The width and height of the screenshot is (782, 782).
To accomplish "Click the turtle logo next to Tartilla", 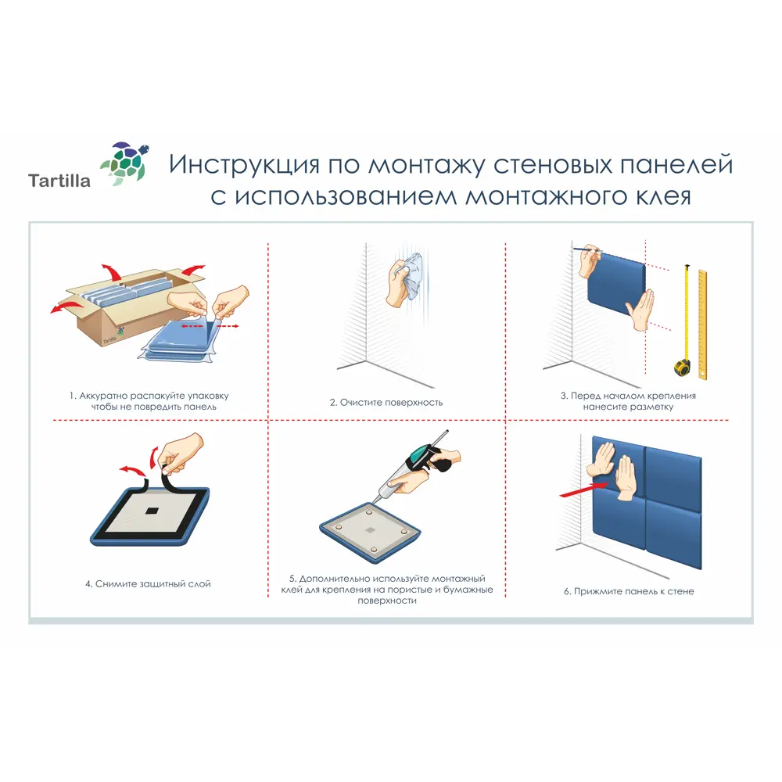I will (125, 163).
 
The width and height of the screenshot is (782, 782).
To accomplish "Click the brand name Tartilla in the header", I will (59, 181).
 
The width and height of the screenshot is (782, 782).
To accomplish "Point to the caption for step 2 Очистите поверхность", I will (386, 403).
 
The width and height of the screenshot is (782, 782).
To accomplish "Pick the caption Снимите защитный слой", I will (148, 583).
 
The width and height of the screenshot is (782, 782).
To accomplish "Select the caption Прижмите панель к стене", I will (629, 591).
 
